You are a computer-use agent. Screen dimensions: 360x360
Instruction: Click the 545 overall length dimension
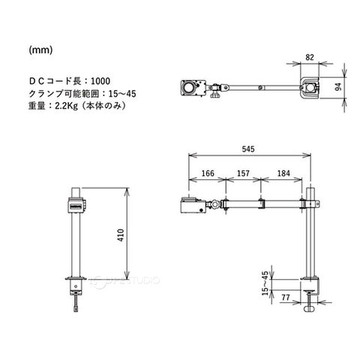click(x=248, y=149)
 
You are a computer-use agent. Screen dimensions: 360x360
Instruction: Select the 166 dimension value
click(x=208, y=173)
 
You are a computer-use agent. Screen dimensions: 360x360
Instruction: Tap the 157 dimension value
click(x=243, y=173)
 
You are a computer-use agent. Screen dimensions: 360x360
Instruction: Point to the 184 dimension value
click(x=283, y=173)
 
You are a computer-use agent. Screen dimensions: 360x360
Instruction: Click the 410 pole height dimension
click(x=121, y=235)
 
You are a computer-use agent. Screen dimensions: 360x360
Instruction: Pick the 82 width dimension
click(x=310, y=57)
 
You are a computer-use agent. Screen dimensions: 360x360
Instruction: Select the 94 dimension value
click(x=338, y=87)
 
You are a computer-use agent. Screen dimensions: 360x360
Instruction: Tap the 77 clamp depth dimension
click(x=286, y=298)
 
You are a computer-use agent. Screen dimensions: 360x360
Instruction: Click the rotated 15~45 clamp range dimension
click(x=265, y=283)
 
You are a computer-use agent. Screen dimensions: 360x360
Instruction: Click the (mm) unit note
click(x=40, y=50)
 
